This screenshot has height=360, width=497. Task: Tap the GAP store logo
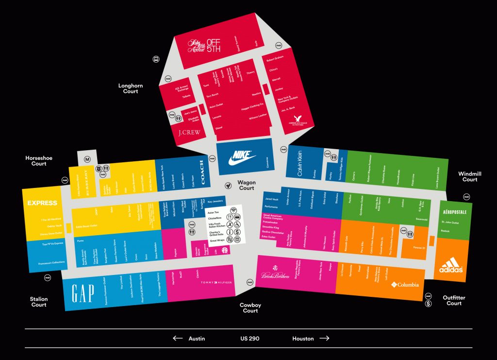point(83,293)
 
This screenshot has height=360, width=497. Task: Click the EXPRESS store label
point(42,203)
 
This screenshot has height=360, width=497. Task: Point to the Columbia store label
point(405,285)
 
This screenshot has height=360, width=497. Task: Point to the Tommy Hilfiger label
point(216,282)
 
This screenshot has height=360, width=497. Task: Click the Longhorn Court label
point(131,88)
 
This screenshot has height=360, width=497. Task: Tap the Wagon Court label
point(247,185)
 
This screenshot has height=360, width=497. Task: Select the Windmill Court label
point(469,176)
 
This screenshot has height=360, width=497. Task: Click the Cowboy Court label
point(250,308)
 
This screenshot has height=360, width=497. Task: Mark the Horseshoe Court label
point(39,161)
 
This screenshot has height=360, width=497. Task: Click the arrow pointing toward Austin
point(178,339)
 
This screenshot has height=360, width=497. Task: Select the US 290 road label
point(249,339)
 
